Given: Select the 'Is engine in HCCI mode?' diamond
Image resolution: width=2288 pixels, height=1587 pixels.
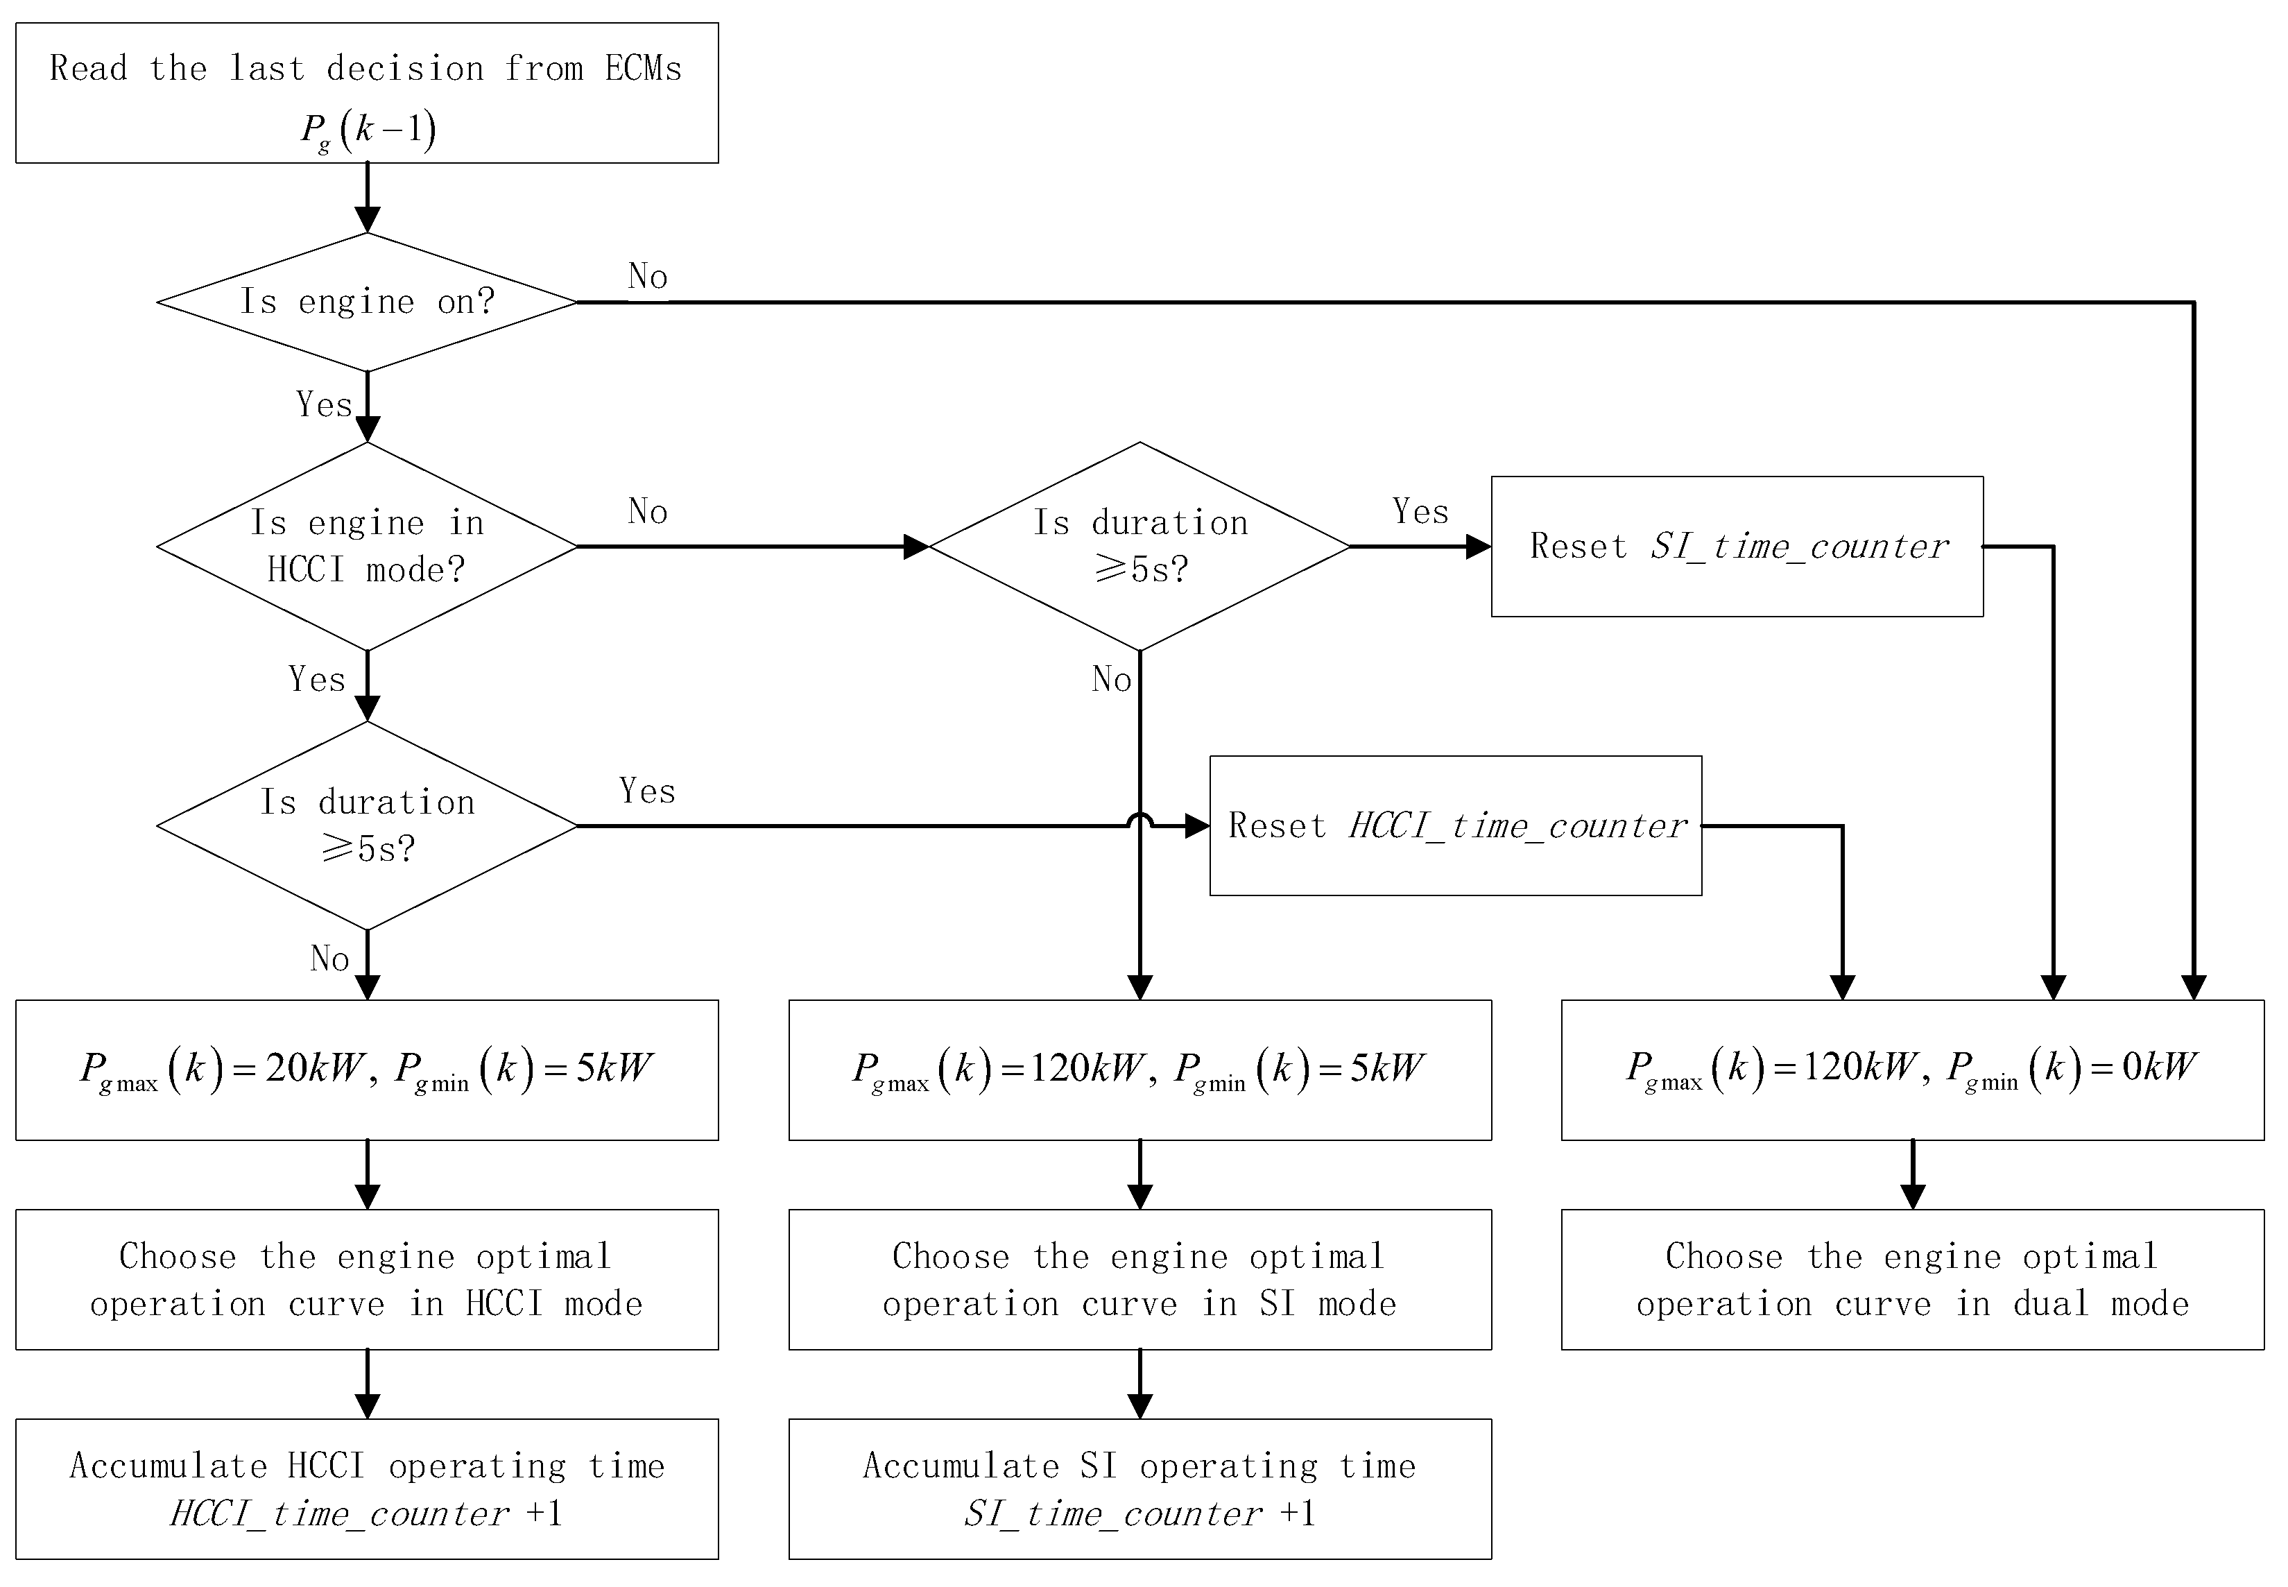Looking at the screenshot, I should pyautogui.click(x=367, y=546).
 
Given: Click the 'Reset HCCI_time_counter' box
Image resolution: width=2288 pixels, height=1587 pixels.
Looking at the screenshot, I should pyautogui.click(x=1455, y=825).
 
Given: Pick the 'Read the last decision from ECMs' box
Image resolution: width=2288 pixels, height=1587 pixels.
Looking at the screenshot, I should pyautogui.click(x=367, y=92).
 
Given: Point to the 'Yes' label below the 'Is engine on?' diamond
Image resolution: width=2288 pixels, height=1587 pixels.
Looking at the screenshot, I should pyautogui.click(x=324, y=404).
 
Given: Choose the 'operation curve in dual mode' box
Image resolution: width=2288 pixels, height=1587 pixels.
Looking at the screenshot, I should pyautogui.click(x=1912, y=1279).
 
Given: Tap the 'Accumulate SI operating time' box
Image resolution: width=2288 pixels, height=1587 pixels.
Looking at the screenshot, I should pyautogui.click(x=1139, y=1489).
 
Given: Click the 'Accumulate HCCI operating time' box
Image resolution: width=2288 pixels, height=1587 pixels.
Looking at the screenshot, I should pyautogui.click(x=367, y=1489).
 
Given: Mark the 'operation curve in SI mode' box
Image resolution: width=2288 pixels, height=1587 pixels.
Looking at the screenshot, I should pyautogui.click(x=1139, y=1279).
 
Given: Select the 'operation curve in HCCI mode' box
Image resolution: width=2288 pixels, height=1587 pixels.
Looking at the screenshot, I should pyautogui.click(x=367, y=1279).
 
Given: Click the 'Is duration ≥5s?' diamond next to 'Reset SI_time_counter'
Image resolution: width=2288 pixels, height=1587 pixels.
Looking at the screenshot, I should pyautogui.click(x=1139, y=546).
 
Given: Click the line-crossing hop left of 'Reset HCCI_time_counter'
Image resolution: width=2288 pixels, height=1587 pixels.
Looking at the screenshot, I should pyautogui.click(x=1139, y=821).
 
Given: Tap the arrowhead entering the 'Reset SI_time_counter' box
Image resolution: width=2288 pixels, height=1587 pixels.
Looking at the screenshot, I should pyautogui.click(x=1479, y=546).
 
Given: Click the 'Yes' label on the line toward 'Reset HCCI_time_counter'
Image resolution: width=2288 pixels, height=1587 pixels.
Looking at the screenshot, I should pyautogui.click(x=647, y=791).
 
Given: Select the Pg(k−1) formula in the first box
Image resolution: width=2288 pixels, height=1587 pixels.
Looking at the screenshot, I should pyautogui.click(x=368, y=129).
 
